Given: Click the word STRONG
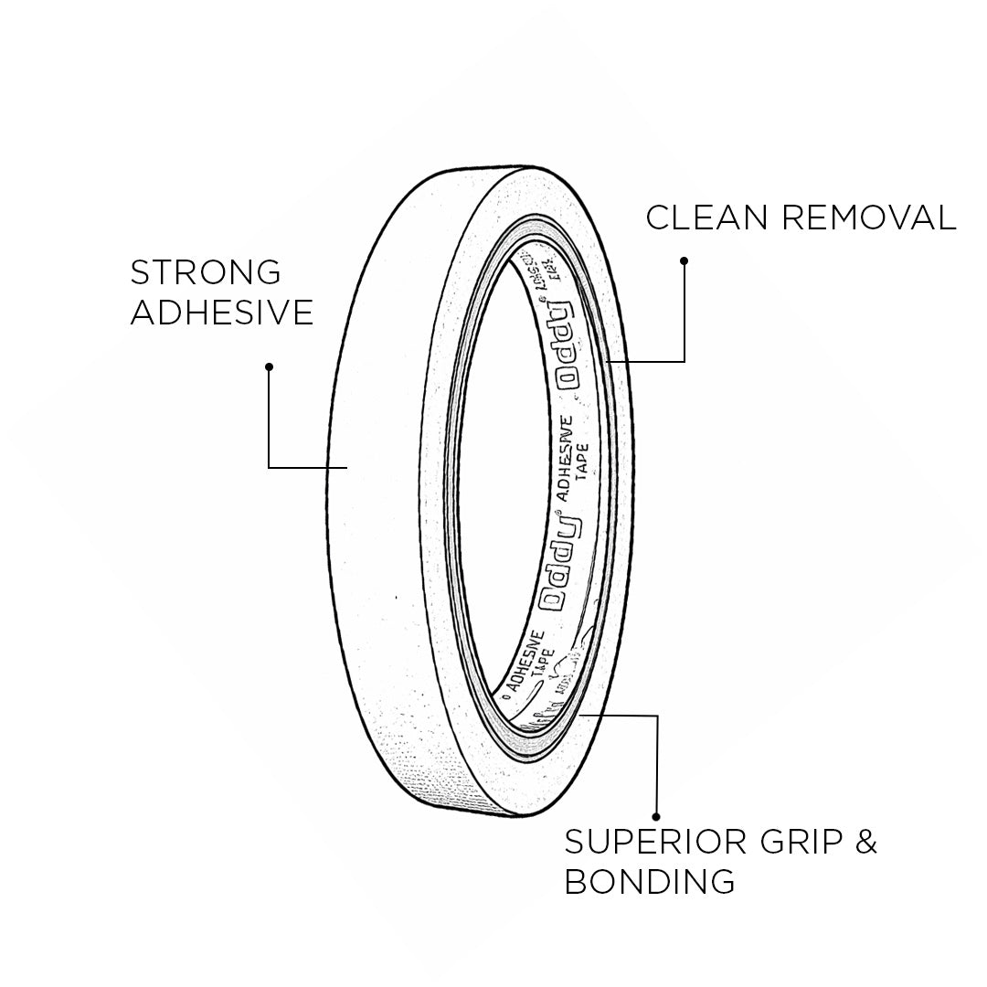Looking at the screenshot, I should [x=206, y=272].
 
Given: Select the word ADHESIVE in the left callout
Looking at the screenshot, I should [x=222, y=313].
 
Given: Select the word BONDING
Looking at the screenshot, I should [x=650, y=882].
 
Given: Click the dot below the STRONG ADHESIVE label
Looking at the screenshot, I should [x=269, y=367].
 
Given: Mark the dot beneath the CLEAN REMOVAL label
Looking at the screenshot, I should [x=684, y=261].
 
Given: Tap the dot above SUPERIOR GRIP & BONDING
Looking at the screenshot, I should [x=656, y=816].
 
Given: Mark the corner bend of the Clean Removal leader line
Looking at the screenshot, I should [x=684, y=362].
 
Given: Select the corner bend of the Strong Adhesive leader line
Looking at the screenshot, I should [x=269, y=467].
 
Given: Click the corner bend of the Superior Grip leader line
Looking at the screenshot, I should [x=656, y=716].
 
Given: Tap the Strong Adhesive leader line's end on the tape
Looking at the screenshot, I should [x=346, y=467].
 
